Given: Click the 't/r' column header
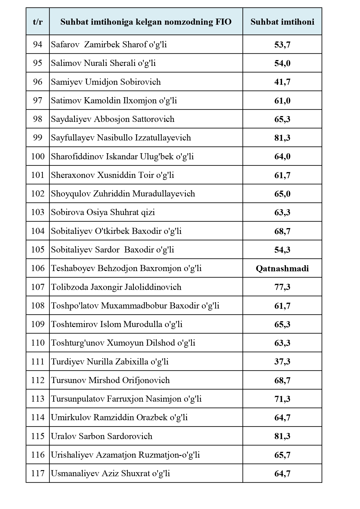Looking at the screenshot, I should (38, 22).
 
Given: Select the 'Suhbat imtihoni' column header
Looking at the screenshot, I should (282, 22).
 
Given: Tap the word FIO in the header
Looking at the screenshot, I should (223, 22).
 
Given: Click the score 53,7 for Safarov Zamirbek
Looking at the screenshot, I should (282, 45).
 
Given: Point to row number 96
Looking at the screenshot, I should (38, 82).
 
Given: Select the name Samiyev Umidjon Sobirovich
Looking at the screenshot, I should (106, 82).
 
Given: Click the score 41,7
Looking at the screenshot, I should (282, 82).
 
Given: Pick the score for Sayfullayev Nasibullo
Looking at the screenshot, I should (282, 138).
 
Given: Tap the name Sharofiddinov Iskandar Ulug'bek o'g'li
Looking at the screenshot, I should (122, 156).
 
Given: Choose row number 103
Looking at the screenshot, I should (38, 212).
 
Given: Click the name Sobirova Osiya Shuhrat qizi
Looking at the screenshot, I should (103, 212).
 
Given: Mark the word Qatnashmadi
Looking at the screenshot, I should (282, 268).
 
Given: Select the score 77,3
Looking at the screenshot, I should (282, 287).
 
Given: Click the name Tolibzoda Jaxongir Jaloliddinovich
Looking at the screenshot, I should (116, 287).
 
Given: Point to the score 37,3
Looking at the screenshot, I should (282, 362).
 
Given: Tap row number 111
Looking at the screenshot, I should (38, 362).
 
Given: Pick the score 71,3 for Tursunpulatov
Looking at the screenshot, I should (282, 399).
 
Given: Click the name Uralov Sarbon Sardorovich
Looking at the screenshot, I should (102, 436).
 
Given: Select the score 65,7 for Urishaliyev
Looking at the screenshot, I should (282, 455).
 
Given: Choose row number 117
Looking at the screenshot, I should (38, 473).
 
